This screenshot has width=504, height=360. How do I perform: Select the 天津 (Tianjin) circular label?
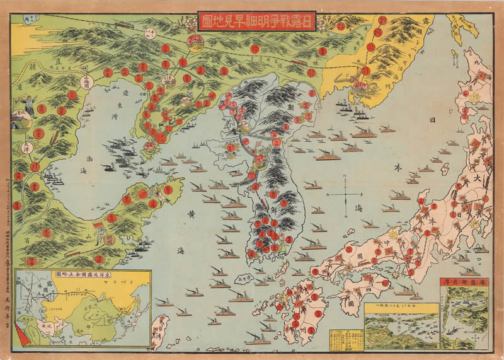point(26,149)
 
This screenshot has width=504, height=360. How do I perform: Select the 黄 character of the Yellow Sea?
point(190,214)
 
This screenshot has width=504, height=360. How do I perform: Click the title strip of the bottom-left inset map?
point(81,275)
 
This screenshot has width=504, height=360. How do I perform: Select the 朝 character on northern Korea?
point(292,107)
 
